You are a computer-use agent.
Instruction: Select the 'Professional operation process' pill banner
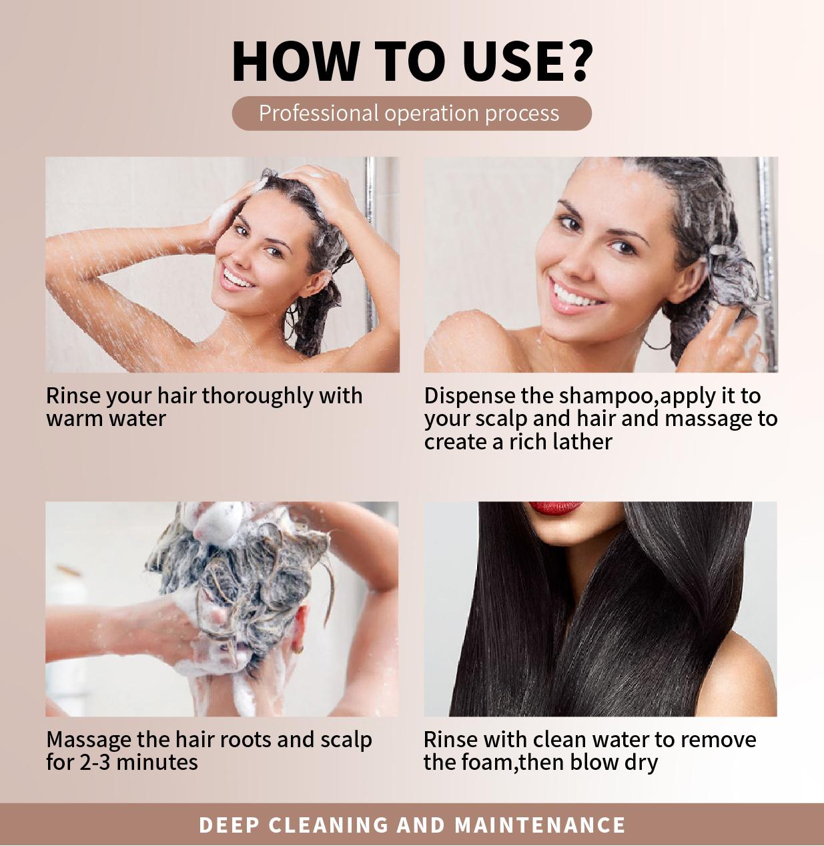(411, 113)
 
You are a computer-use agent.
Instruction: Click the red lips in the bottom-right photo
(555, 508)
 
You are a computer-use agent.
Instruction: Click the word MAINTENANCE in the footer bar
(540, 825)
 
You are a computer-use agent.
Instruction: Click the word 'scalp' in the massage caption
(346, 740)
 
